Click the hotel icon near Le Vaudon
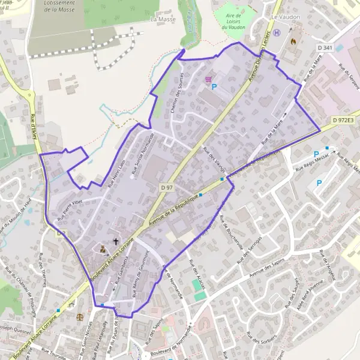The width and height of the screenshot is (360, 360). pyautogui.click(x=277, y=34)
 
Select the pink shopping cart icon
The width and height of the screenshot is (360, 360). pyautogui.click(x=209, y=78)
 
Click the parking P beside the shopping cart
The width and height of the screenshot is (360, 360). pyautogui.click(x=214, y=87)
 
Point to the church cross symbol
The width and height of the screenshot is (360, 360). pyautogui.click(x=116, y=241)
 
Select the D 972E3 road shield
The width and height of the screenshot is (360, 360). pyautogui.click(x=344, y=121)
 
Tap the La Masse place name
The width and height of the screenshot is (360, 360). pyautogui.click(x=161, y=19)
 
